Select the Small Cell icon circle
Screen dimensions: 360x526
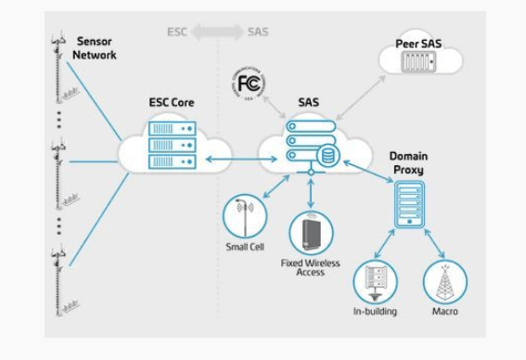pos(244,216)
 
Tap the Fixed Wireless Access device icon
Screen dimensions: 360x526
pos(310,233)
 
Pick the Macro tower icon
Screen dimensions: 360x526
pos(444,282)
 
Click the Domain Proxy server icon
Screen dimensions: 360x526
pos(407,204)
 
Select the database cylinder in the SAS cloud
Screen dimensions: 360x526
pos(326,159)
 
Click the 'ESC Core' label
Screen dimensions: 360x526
pos(173,103)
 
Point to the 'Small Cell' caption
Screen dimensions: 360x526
pos(243,248)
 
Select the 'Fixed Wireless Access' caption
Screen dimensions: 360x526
pos(310,268)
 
